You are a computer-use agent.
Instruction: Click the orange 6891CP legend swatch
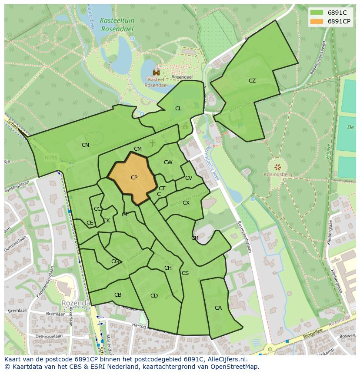(317, 21)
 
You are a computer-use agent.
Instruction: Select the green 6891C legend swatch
(317, 13)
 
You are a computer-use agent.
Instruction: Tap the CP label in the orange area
(134, 178)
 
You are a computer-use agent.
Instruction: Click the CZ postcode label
(252, 81)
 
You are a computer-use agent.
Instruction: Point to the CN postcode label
(85, 145)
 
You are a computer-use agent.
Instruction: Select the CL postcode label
(178, 109)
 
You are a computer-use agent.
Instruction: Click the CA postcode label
(218, 308)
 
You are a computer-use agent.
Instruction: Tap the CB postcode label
(118, 295)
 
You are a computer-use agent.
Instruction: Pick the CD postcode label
(154, 296)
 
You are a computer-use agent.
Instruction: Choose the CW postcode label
(168, 162)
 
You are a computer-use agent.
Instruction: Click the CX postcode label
(186, 203)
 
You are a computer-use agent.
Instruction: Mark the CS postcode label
(185, 273)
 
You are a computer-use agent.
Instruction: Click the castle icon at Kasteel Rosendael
(156, 73)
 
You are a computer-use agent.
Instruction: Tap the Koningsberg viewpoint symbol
(277, 167)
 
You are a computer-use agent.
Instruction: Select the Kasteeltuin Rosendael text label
(117, 24)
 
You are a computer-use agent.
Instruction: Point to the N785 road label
(50, 157)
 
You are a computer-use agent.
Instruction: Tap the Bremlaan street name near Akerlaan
(56, 314)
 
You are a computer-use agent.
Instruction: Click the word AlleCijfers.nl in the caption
(226, 359)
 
